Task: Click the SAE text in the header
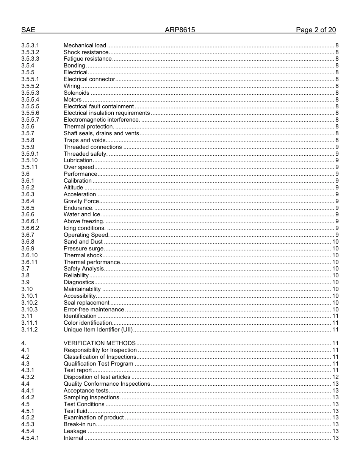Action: [28, 30]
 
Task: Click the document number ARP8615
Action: [180, 30]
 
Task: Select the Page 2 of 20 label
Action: [316, 30]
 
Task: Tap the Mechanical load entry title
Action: [85, 45]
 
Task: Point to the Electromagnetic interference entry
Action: [102, 120]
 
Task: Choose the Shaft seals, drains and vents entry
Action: [101, 133]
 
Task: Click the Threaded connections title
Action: [93, 147]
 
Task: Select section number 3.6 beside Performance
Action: [25, 174]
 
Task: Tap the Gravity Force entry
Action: [81, 201]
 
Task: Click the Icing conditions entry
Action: [85, 228]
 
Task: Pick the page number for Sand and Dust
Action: [335, 242]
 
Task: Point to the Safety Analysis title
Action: [83, 269]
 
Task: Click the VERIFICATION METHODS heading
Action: [100, 343]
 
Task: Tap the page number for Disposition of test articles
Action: [335, 377]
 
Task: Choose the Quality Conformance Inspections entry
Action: [107, 384]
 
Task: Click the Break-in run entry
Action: [80, 424]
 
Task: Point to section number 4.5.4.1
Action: [30, 438]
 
